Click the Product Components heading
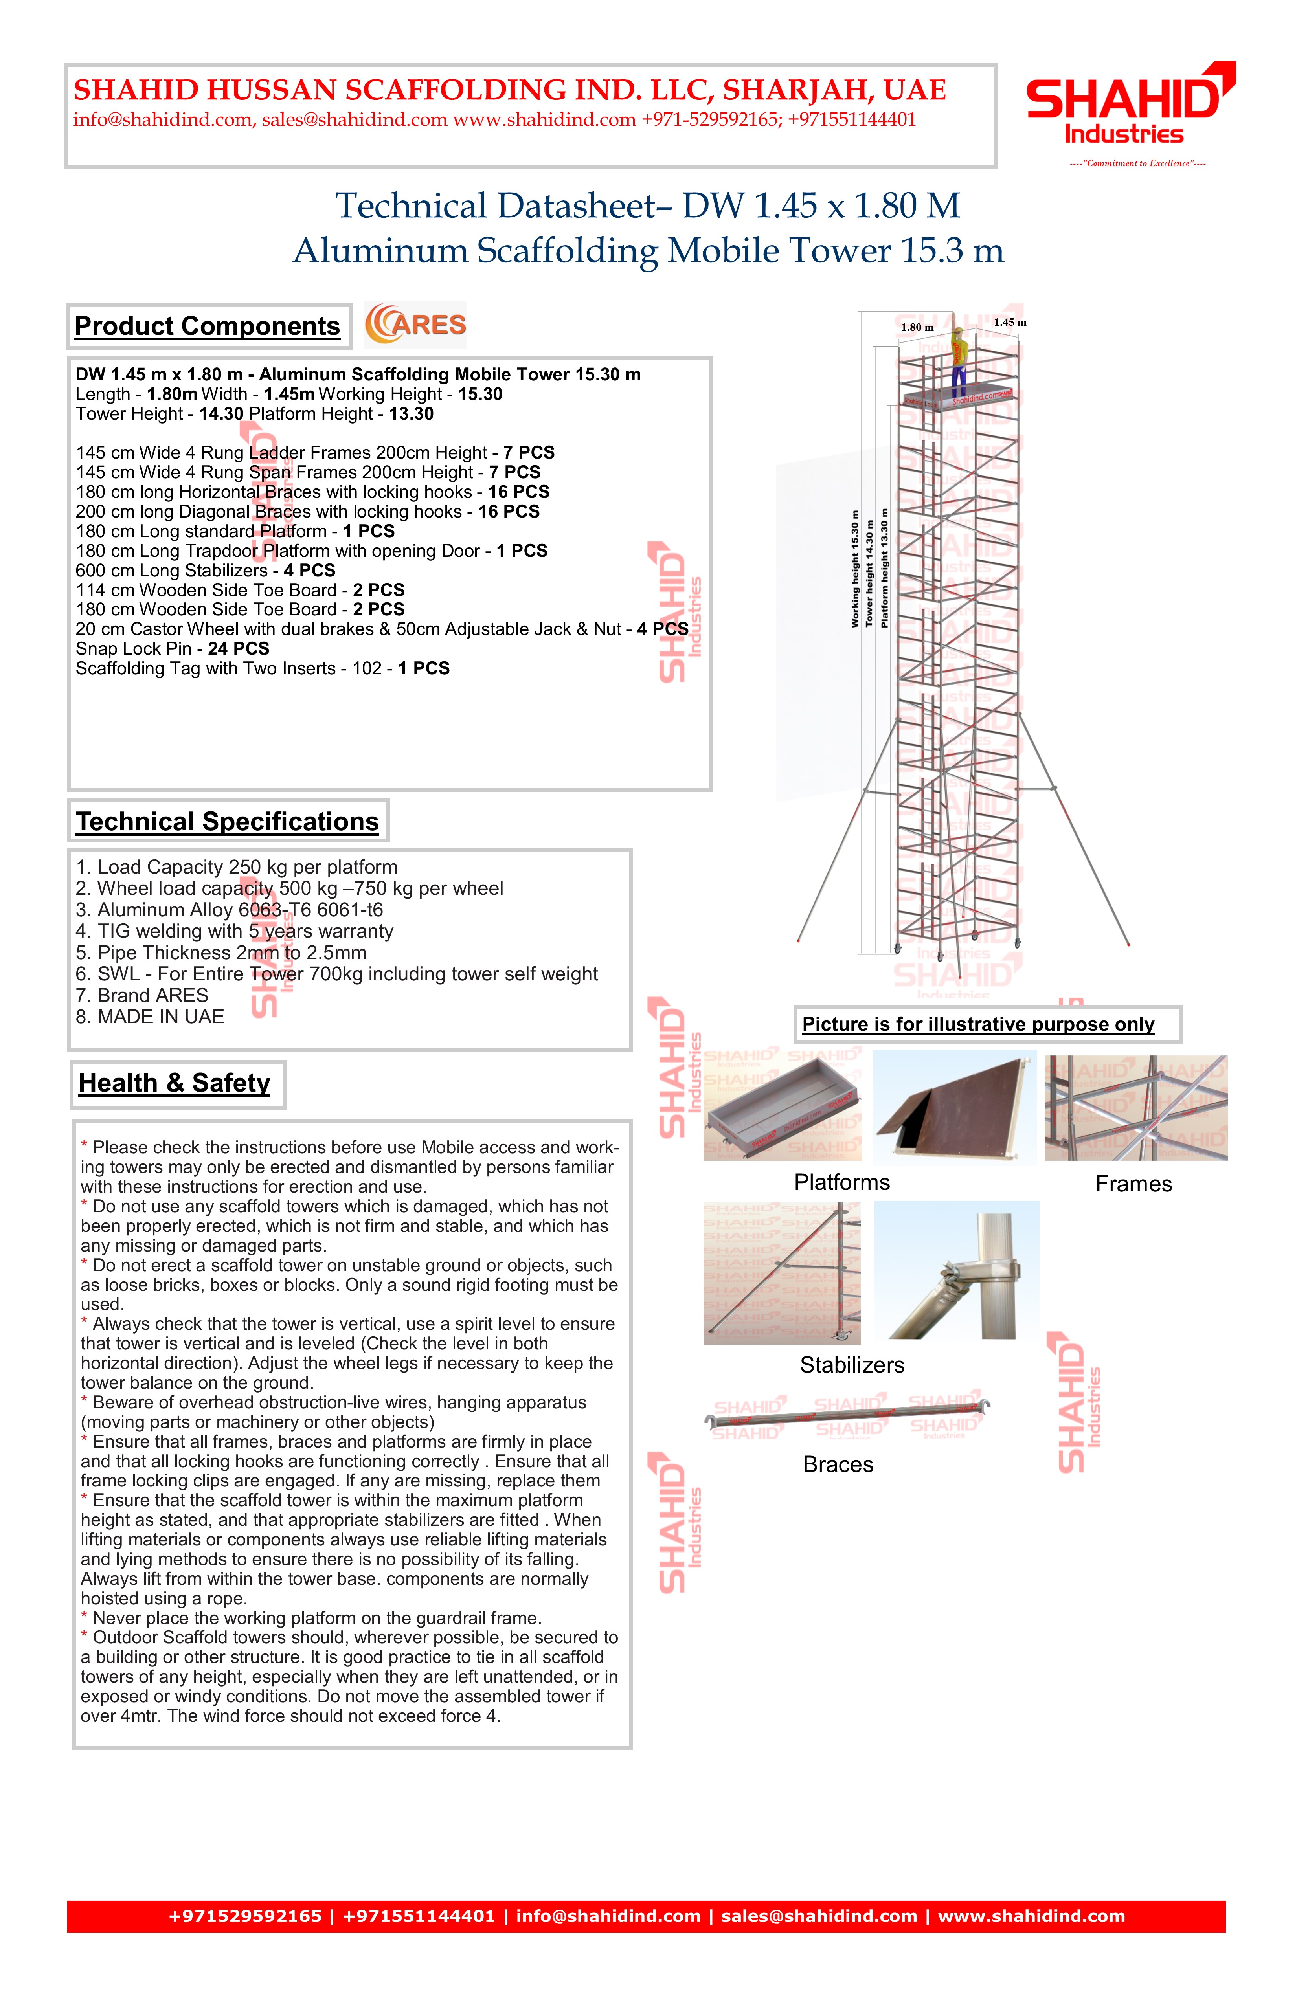[x=207, y=326]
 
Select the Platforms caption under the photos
[x=841, y=1182]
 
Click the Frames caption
[x=1133, y=1184]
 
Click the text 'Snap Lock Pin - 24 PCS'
[x=173, y=648]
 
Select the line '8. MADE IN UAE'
[x=150, y=1016]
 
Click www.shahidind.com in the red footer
[x=1031, y=1916]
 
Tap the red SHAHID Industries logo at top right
[x=1128, y=105]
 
